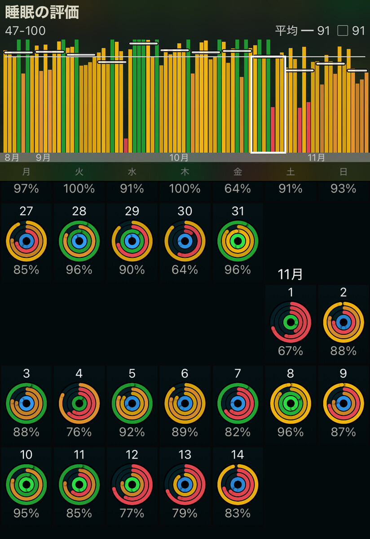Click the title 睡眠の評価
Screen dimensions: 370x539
(42, 12)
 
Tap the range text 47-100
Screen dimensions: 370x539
(25, 31)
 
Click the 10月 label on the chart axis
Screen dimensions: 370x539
(179, 158)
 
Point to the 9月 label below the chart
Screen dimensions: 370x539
(43, 158)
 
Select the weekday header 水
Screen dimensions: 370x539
(132, 172)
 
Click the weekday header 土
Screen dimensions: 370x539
(291, 172)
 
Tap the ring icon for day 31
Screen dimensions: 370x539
(238, 241)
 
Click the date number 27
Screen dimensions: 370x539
(26, 211)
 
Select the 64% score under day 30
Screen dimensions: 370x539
(185, 270)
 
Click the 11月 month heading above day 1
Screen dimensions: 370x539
(290, 274)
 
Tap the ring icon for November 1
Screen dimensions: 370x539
(291, 322)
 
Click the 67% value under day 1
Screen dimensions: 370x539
(291, 351)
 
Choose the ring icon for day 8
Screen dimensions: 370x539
(291, 403)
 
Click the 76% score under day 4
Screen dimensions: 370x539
(79, 432)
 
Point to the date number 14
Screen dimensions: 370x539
(238, 455)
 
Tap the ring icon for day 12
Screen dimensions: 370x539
(132, 485)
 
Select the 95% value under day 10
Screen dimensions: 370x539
(26, 513)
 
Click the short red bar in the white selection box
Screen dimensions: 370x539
(273, 129)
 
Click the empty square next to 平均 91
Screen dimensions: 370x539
(343, 31)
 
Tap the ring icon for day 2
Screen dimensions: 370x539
(344, 322)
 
